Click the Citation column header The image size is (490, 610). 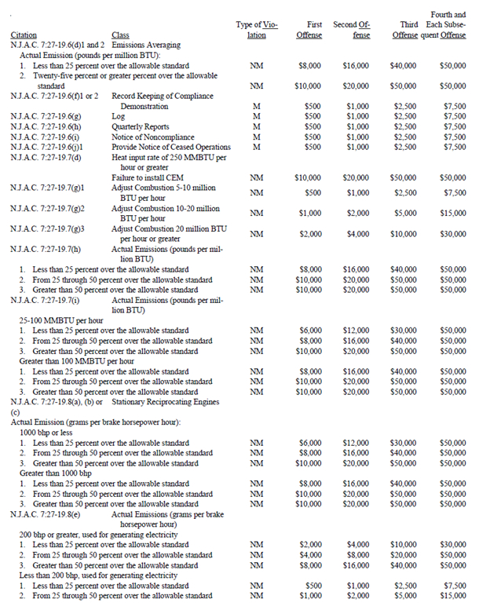click(x=24, y=35)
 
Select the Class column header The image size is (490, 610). click(x=121, y=35)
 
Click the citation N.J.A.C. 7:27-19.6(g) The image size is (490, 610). click(x=48, y=115)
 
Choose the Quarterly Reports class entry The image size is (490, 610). click(x=141, y=126)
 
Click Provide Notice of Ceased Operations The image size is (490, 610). click(x=171, y=147)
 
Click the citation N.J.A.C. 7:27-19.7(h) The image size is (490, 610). click(x=48, y=249)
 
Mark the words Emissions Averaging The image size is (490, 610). click(x=146, y=46)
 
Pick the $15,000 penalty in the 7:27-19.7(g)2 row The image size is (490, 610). click(x=452, y=213)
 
